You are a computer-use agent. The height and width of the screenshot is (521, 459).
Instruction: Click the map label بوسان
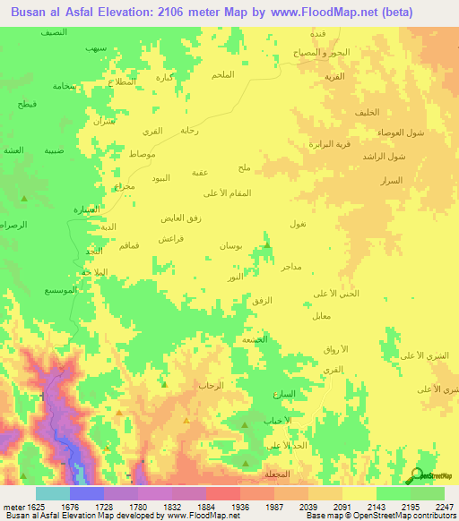pos(230,245)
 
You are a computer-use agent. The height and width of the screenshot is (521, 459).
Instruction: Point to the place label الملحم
pos(220,74)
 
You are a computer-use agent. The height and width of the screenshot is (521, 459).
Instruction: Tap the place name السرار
pos(390,181)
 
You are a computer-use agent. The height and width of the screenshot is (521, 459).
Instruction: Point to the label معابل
pos(323,316)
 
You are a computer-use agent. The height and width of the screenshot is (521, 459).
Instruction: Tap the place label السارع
pos(283,394)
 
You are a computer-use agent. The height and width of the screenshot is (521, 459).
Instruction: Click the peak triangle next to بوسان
pos(266,243)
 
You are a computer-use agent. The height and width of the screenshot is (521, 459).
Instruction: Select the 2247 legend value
pos(433,507)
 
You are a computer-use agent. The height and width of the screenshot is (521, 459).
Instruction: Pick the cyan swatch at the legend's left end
pos(52,493)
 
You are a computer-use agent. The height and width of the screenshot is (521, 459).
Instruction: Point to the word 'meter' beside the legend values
pos(11,507)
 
